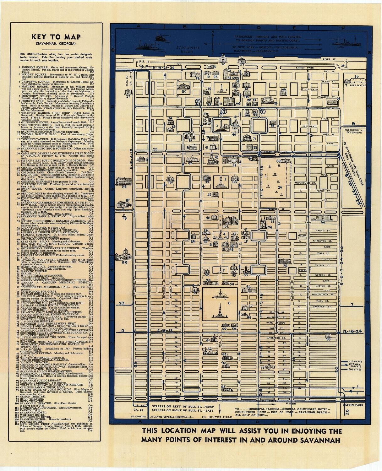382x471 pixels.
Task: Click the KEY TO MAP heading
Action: coord(56,36)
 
